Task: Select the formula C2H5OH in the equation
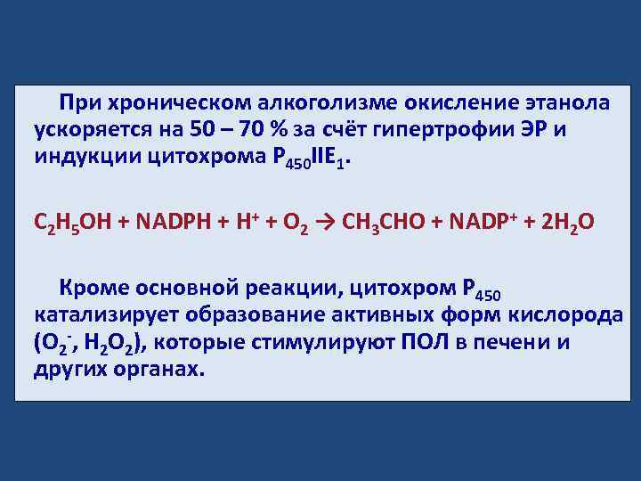(x=74, y=222)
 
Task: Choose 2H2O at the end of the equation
(x=571, y=222)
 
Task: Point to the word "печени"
(x=507, y=343)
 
